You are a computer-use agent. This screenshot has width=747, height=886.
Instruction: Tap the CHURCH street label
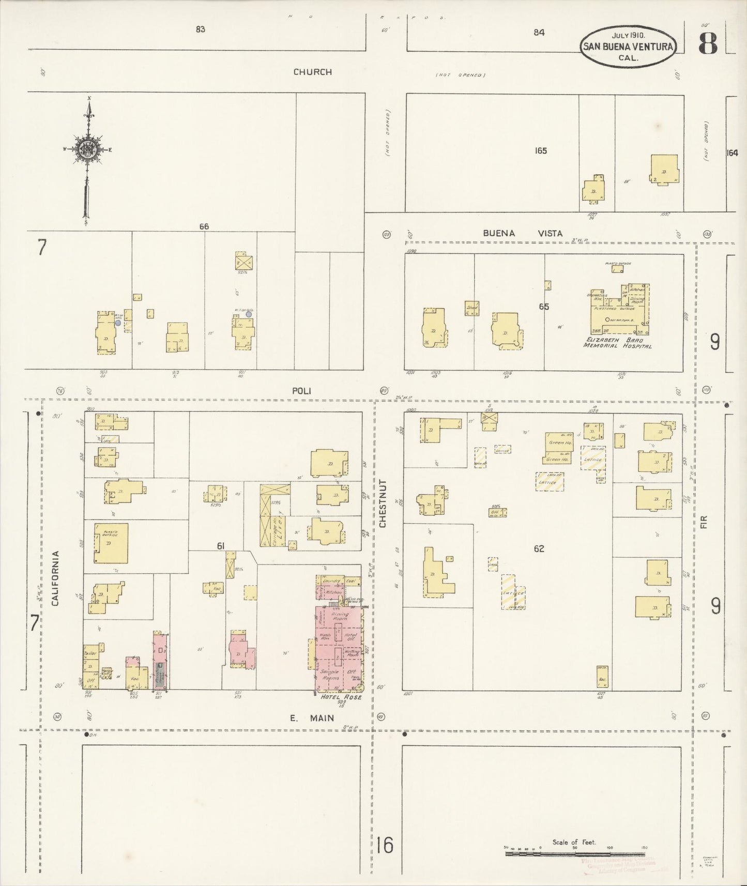[x=312, y=72]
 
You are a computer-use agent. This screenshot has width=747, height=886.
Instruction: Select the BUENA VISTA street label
[x=522, y=233]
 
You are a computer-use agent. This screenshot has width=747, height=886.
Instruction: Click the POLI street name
[x=301, y=391]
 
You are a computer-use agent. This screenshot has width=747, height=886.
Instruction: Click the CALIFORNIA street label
[x=55, y=577]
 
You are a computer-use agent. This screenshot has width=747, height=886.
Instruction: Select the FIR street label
[x=703, y=522]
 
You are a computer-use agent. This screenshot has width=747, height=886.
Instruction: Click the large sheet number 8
[x=708, y=45]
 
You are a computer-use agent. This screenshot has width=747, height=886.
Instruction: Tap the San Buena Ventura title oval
[x=628, y=47]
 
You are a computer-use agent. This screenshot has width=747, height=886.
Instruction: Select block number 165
[x=541, y=150]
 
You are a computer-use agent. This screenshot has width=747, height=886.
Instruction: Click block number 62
[x=539, y=548]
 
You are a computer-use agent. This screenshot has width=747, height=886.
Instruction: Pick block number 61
[x=221, y=546]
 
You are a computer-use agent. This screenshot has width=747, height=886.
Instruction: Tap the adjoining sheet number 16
[x=385, y=846]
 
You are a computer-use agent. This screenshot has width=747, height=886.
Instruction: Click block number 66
[x=204, y=226]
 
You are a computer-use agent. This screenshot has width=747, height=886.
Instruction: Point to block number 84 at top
[x=539, y=32]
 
